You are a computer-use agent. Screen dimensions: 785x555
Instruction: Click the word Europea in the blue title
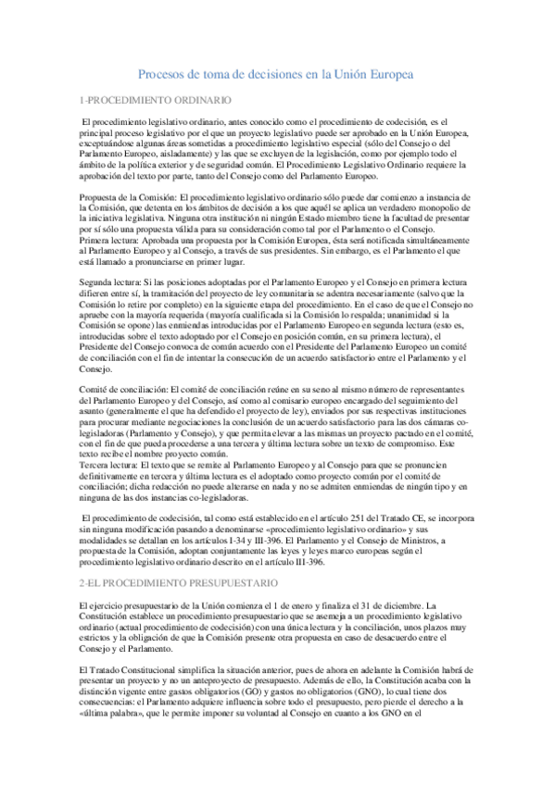coord(385,74)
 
